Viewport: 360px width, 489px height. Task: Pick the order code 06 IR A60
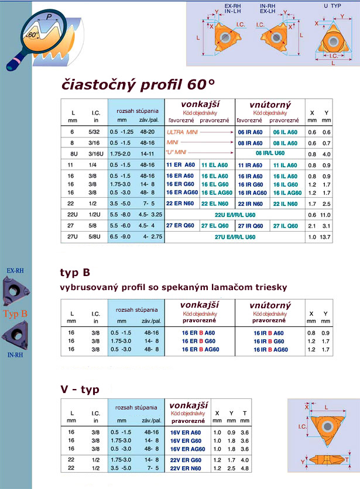pyautogui.click(x=251, y=132)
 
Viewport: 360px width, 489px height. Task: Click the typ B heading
pyautogui.click(x=74, y=273)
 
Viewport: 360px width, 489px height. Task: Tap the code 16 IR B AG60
pyautogui.click(x=270, y=349)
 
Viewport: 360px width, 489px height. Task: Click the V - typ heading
pyautogui.click(x=80, y=390)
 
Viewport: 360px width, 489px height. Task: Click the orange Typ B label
pyautogui.click(x=16, y=314)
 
